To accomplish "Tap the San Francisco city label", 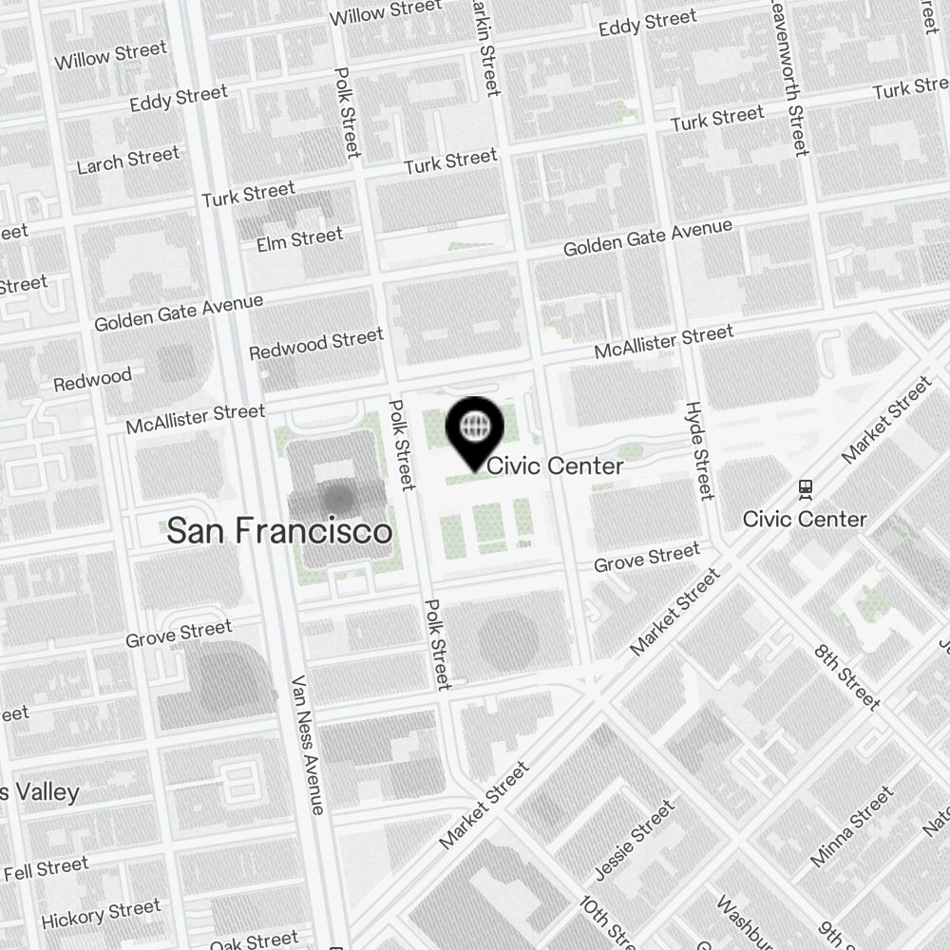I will (279, 531).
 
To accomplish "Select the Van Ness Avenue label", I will (308, 746).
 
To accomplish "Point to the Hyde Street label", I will (699, 450).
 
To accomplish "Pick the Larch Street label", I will (127, 161).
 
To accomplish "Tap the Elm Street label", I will (299, 239).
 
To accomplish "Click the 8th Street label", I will (848, 676).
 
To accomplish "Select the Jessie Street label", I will (634, 840).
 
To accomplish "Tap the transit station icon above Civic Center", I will (806, 488).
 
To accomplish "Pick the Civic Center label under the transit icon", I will (805, 519).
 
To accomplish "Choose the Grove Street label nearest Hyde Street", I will (646, 558).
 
